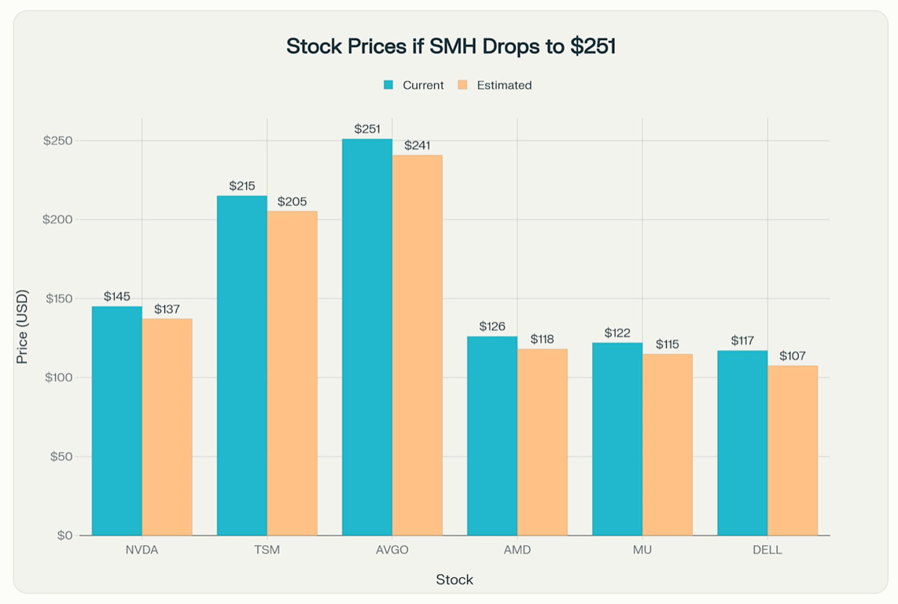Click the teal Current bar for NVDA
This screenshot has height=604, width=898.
click(117, 421)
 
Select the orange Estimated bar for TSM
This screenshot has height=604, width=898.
click(293, 374)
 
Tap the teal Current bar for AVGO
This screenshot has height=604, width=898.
click(367, 337)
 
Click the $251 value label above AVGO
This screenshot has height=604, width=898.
click(367, 129)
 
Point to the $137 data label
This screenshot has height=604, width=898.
click(167, 309)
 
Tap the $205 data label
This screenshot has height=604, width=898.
click(293, 201)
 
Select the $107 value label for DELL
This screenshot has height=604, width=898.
click(793, 356)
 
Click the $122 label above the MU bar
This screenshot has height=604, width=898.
click(617, 333)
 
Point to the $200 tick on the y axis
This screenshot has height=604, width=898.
click(57, 219)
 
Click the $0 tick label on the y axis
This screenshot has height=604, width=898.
click(64, 536)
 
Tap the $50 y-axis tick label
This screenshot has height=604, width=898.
click(61, 457)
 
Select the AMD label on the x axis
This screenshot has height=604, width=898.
click(517, 550)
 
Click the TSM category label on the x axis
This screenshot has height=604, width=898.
click(267, 550)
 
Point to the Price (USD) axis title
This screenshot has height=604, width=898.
click(22, 327)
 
